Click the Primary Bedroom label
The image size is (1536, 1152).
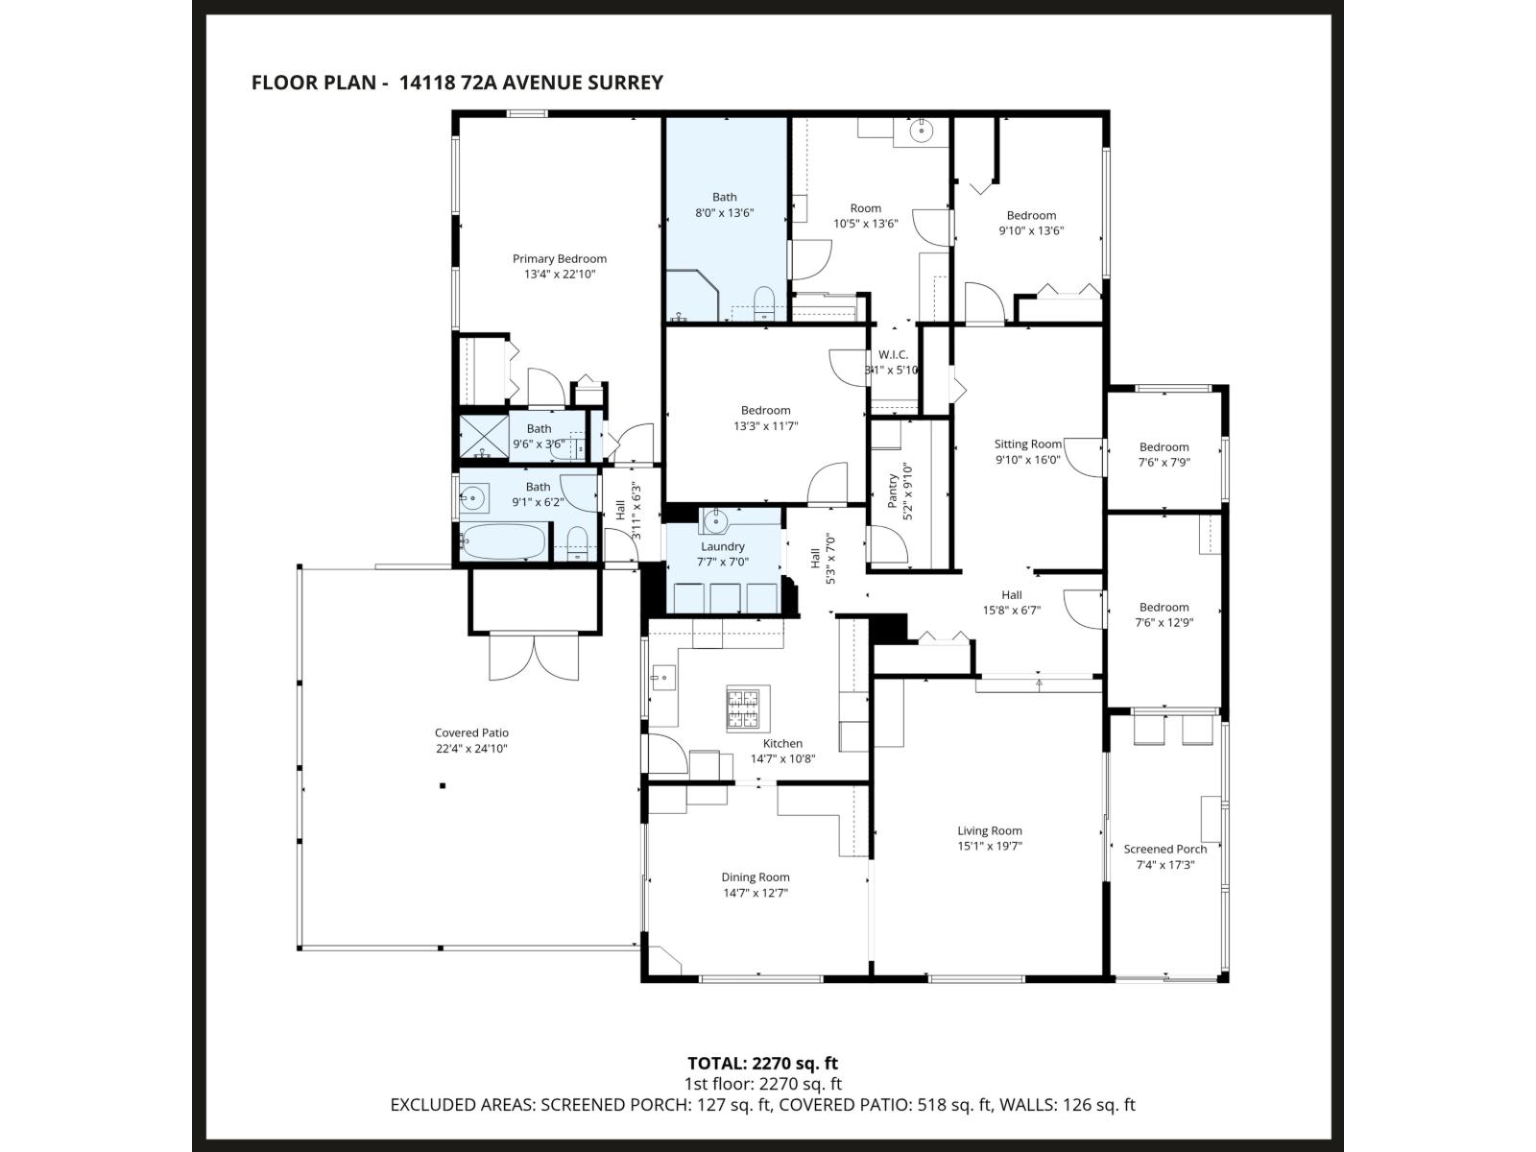559,258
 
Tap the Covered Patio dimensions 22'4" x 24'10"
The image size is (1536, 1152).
470,749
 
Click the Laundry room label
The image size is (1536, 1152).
722,546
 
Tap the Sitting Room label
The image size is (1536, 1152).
1027,444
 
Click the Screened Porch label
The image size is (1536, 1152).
1164,849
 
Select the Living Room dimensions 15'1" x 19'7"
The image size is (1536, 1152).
989,847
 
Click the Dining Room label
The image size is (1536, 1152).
755,876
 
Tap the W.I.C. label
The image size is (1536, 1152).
892,354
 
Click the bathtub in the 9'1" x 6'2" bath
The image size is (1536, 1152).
502,541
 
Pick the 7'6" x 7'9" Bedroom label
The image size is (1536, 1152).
1164,446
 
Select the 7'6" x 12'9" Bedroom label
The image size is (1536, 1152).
1164,607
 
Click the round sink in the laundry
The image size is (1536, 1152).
714,521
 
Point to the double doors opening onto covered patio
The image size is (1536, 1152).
535,658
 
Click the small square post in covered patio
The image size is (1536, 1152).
443,786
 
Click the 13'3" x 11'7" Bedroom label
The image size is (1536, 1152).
765,410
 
